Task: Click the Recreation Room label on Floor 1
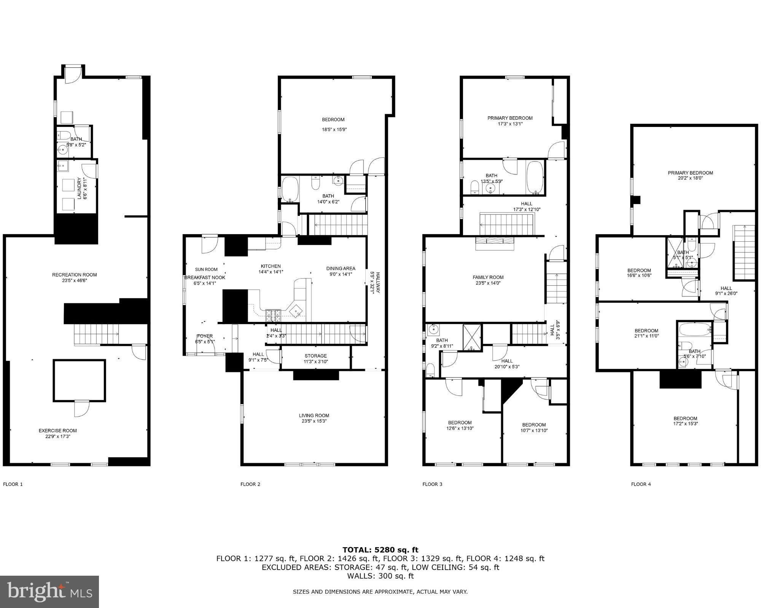[x=74, y=275]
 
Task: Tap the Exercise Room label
[x=57, y=431]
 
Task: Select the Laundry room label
[x=80, y=188]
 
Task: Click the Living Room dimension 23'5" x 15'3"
[x=314, y=421]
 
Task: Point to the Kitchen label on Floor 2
[x=271, y=266]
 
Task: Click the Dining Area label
[x=341, y=268]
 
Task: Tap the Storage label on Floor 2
[x=315, y=356]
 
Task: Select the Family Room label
[x=488, y=277]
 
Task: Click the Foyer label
[x=205, y=336]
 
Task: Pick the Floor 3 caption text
[x=432, y=484]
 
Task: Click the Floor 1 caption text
[x=13, y=484]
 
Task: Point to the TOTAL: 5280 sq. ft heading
[x=380, y=549]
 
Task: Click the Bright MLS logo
[x=49, y=592]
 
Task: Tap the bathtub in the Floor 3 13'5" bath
[x=535, y=177]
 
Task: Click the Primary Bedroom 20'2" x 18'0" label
[x=690, y=173]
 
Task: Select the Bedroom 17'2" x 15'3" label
[x=685, y=418]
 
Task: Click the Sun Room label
[x=206, y=269]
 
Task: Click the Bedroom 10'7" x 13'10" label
[x=534, y=425]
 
